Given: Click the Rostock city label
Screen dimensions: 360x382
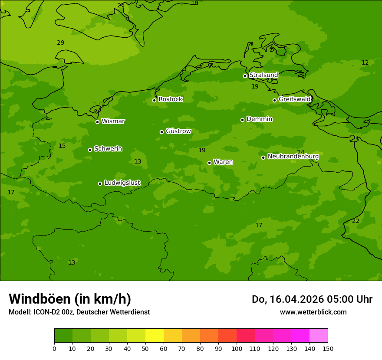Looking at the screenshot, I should click(x=170, y=99).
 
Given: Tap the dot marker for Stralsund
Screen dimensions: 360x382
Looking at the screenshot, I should click(x=245, y=76).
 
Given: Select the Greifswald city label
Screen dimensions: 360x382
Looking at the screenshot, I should click(x=294, y=99).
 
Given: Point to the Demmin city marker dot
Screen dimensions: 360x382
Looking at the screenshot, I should click(x=242, y=120).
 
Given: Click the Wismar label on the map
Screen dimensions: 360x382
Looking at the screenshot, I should click(x=113, y=121).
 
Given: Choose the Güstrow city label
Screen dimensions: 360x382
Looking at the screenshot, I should click(x=178, y=131).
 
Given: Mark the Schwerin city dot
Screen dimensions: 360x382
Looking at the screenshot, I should click(x=90, y=150).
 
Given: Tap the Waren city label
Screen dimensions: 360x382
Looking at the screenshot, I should click(x=223, y=162).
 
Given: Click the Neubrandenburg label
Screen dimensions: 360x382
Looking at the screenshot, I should click(x=293, y=157).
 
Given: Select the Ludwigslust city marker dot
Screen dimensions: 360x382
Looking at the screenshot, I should click(x=100, y=183).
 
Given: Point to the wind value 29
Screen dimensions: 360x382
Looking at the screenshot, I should click(x=60, y=43).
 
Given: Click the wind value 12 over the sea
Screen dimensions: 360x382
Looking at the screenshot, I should click(x=365, y=63).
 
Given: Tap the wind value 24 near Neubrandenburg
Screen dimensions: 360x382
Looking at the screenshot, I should click(x=300, y=152).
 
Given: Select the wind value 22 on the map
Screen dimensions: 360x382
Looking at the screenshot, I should click(x=356, y=221).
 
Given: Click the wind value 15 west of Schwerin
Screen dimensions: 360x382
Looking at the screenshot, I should click(x=62, y=146).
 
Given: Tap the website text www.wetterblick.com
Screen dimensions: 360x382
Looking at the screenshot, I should click(x=313, y=312).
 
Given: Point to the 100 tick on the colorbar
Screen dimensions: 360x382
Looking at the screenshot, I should click(x=237, y=348).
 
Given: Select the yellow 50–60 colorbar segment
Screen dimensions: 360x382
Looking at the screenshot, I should click(x=155, y=336).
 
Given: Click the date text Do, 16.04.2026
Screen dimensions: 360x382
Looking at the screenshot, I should click(x=287, y=299).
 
